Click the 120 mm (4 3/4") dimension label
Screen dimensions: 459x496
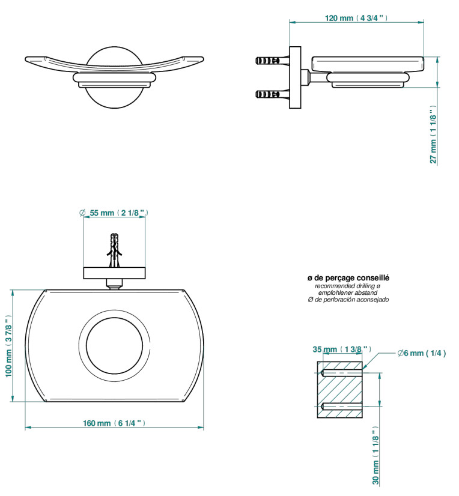click(356, 18)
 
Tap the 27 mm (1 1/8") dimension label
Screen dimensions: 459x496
click(433, 135)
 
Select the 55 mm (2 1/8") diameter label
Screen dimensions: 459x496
click(114, 213)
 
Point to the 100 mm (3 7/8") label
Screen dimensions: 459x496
click(8, 346)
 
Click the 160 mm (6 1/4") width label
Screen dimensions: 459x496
click(114, 423)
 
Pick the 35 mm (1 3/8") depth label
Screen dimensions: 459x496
click(342, 349)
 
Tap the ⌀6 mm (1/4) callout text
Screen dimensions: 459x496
click(422, 353)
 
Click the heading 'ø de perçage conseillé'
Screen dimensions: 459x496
click(348, 278)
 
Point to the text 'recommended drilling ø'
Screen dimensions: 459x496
click(348, 286)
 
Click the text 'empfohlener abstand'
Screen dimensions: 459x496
click(348, 292)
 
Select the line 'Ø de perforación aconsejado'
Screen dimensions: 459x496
click(348, 299)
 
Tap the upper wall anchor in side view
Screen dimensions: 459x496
click(272, 60)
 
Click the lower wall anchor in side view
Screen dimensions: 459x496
click(272, 94)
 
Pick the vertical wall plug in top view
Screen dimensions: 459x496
click(115, 250)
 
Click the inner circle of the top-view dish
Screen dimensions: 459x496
click(114, 318)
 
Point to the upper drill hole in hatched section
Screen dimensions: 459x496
click(341, 373)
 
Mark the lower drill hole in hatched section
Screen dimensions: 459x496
click(341, 407)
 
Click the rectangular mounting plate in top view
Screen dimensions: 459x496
click(114, 273)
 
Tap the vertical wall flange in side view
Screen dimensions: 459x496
click(295, 78)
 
